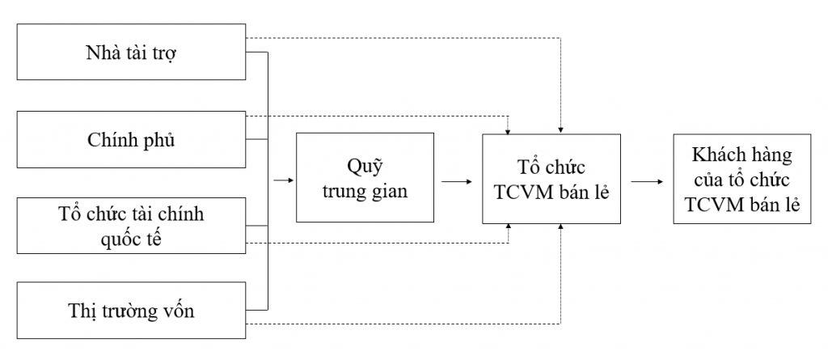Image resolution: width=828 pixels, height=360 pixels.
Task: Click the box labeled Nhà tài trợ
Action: (131, 53)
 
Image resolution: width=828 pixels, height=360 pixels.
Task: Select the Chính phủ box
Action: (131, 140)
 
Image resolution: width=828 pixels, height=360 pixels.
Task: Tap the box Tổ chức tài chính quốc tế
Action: (131, 227)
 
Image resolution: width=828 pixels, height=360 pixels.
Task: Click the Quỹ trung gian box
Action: (366, 179)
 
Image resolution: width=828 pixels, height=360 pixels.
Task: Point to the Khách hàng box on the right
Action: (741, 179)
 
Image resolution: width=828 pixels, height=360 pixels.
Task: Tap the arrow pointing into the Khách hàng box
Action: (647, 180)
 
